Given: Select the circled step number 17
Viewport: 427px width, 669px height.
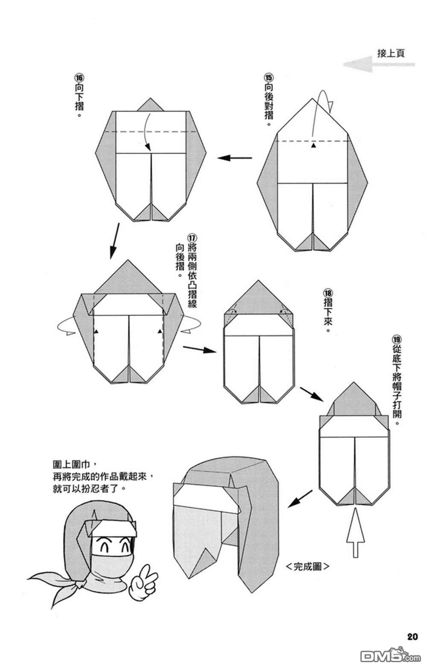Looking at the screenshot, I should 192,238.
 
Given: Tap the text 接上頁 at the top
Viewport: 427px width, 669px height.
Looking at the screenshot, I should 391,53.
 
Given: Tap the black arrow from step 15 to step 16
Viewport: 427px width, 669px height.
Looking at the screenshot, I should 235,158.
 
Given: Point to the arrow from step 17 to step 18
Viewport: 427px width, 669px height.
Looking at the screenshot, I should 199,349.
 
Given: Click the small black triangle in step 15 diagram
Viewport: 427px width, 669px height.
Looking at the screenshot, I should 314,146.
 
